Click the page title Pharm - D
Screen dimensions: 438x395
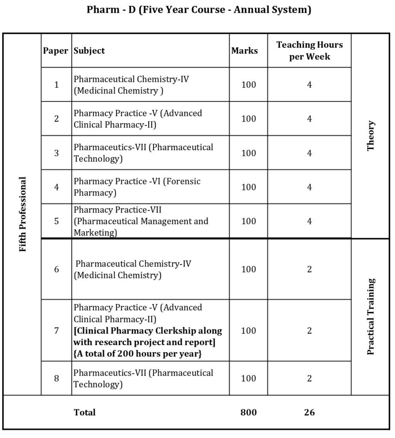click(199, 10)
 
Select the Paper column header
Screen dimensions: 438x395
click(56, 50)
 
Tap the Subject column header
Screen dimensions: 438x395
click(89, 50)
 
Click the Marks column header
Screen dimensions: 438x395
click(245, 50)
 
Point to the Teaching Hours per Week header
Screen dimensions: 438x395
click(310, 50)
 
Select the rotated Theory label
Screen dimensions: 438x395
click(371, 135)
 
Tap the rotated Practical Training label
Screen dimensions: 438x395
click(371, 317)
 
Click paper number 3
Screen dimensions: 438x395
click(56, 153)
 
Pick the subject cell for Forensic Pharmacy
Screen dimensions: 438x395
click(137, 187)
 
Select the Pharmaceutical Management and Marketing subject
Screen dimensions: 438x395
click(141, 221)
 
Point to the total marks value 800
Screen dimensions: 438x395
click(248, 412)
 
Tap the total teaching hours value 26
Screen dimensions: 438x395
click(310, 412)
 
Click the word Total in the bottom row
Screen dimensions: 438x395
click(85, 412)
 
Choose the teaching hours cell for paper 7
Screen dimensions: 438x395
click(310, 331)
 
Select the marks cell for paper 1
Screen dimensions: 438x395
click(248, 85)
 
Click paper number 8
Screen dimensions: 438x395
click(56, 378)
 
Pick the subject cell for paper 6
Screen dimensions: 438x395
click(133, 269)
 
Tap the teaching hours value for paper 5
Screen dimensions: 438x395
click(310, 221)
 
